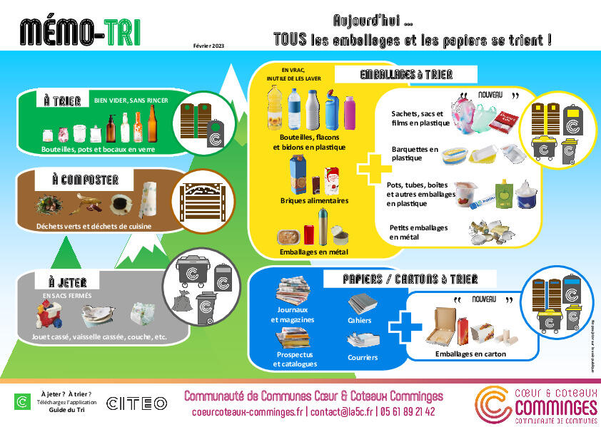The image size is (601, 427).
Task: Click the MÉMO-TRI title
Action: pyautogui.click(x=80, y=31)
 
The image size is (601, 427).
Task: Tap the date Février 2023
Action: pyautogui.click(x=208, y=46)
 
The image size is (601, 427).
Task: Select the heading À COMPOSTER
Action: pyautogui.click(x=85, y=180)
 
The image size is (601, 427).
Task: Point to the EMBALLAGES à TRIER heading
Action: pyautogui.click(x=406, y=74)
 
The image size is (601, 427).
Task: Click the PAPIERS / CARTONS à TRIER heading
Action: pyautogui.click(x=410, y=278)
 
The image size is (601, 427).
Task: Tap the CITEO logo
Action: pyautogui.click(x=136, y=403)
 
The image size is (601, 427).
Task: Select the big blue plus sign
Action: pyautogui.click(x=405, y=326)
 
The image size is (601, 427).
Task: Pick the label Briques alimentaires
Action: pyautogui.click(x=315, y=201)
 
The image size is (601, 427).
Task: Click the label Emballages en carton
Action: pyautogui.click(x=470, y=354)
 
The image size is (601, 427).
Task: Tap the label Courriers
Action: pyautogui.click(x=363, y=357)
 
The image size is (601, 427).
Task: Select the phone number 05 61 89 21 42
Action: pyautogui.click(x=409, y=412)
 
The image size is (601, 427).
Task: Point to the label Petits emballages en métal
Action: pyautogui.click(x=419, y=232)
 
